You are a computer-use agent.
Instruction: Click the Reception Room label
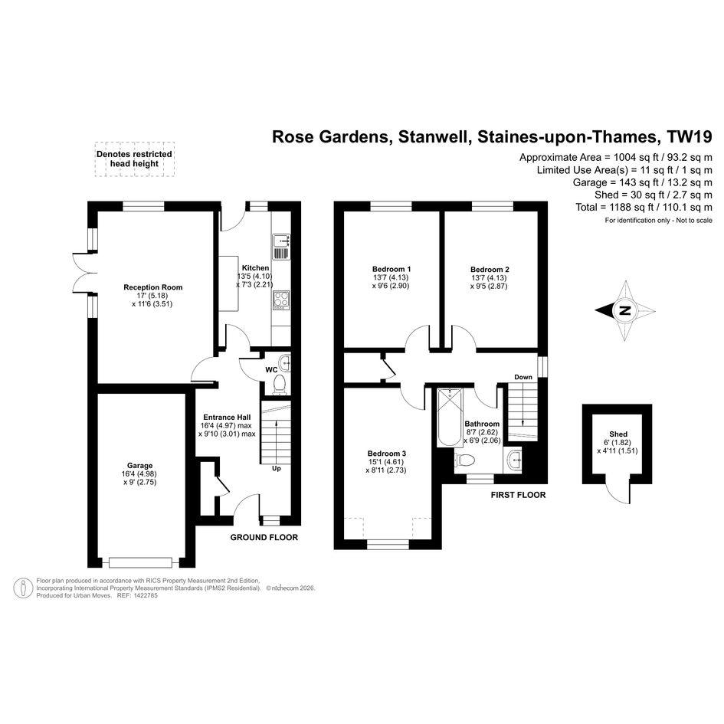tap(152, 287)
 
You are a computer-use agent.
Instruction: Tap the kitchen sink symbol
tap(280, 247)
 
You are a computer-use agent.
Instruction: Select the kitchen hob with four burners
tap(280, 300)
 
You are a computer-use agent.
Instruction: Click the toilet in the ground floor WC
tap(280, 385)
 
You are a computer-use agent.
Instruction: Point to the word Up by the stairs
tap(276, 468)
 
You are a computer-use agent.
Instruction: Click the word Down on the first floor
tap(523, 377)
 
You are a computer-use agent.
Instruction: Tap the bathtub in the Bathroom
tap(450, 418)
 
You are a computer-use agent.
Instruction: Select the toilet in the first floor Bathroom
tap(464, 460)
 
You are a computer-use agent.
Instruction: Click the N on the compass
tap(625, 311)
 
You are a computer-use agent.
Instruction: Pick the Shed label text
tap(618, 434)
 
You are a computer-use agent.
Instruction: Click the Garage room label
tap(140, 466)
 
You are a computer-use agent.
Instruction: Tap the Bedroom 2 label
tap(490, 270)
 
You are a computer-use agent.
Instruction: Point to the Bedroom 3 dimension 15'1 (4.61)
tap(386, 462)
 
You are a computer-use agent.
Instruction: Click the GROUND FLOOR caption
tap(264, 538)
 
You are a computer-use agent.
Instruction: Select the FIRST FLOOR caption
tap(518, 495)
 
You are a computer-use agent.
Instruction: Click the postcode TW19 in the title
tap(689, 136)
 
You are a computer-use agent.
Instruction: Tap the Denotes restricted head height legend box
tap(134, 159)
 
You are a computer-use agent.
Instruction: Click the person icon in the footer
tap(23, 588)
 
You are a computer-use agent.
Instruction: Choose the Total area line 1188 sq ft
tap(644, 208)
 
